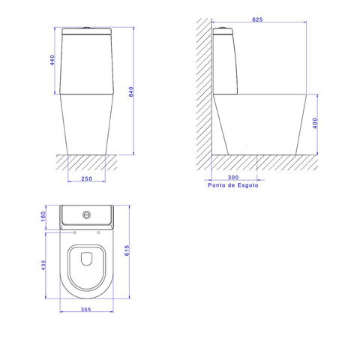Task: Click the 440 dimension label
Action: (x=52, y=60)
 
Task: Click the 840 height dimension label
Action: (x=131, y=91)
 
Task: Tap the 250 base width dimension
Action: (x=86, y=178)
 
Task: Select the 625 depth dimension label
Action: (x=257, y=19)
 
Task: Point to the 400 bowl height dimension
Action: (x=315, y=123)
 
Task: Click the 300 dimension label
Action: (x=233, y=177)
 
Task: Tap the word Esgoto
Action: (x=247, y=185)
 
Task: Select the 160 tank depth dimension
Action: (x=43, y=217)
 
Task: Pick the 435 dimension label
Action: (x=43, y=265)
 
